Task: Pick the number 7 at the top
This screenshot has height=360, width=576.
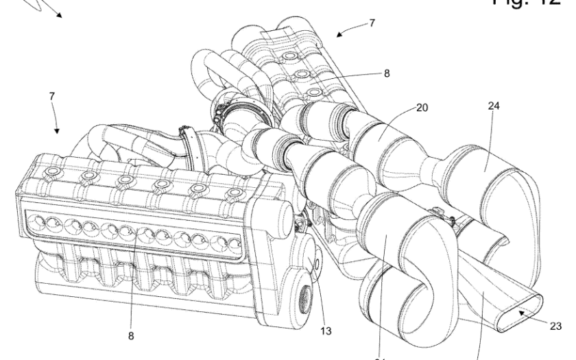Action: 371,23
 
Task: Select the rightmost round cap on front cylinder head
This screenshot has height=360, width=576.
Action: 237,195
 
